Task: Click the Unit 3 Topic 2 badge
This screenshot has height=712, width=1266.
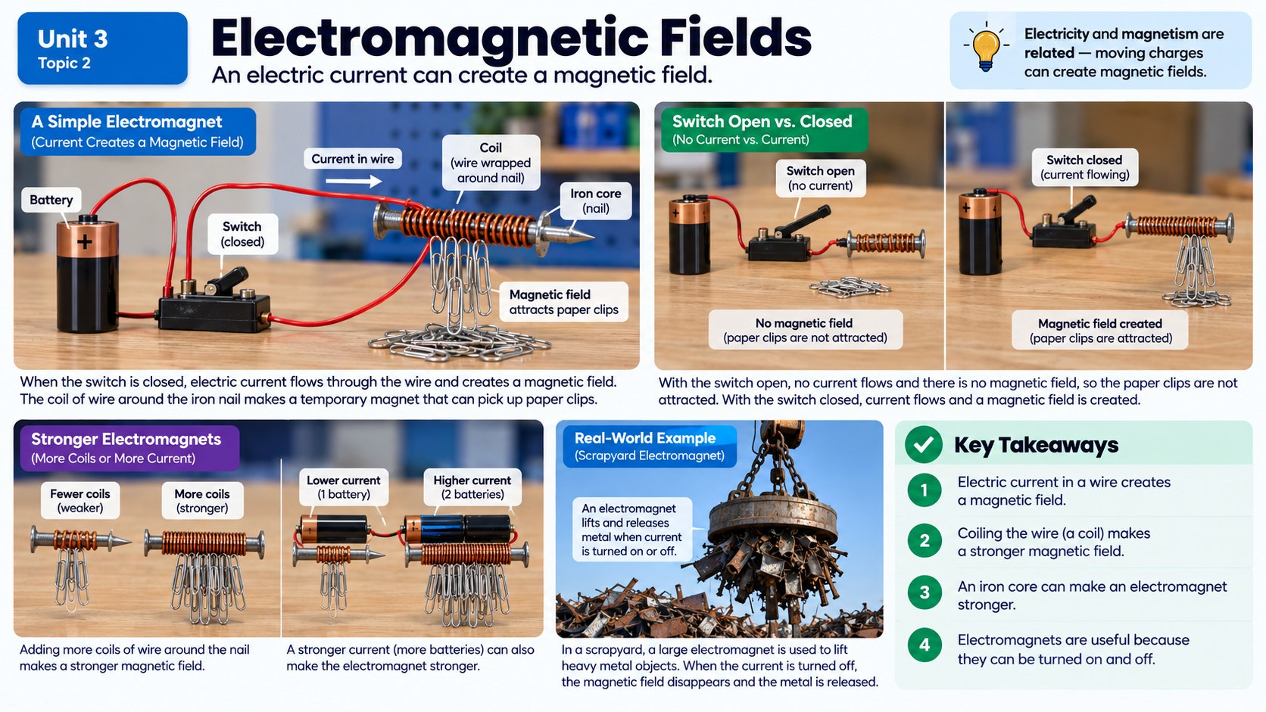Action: coord(102,48)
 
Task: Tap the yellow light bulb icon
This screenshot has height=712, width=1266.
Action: coord(986,48)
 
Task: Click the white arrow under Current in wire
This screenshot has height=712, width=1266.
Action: coord(354,181)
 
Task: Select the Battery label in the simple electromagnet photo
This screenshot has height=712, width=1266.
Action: coord(51,200)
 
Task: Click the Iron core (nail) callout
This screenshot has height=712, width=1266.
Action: coord(596,201)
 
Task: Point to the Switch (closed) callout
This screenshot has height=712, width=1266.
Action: coord(242,234)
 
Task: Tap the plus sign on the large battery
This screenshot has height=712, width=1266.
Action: coord(85,242)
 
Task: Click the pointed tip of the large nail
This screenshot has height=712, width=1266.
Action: coord(593,237)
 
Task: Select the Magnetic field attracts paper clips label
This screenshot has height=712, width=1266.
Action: coord(563,302)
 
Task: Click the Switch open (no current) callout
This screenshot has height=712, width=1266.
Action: coord(820,179)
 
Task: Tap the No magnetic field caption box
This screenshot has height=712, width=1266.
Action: coord(806,330)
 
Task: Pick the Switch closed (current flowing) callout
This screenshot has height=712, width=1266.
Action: coord(1084,167)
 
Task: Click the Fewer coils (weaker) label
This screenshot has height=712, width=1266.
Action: coord(80,500)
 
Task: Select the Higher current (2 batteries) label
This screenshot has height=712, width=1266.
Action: coord(472,487)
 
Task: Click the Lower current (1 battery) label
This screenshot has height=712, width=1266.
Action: coord(344,487)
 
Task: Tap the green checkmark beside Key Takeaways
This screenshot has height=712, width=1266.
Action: coord(924,444)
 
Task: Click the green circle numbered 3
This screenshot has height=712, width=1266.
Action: coord(925,592)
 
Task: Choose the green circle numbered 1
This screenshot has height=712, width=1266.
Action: coord(925,490)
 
